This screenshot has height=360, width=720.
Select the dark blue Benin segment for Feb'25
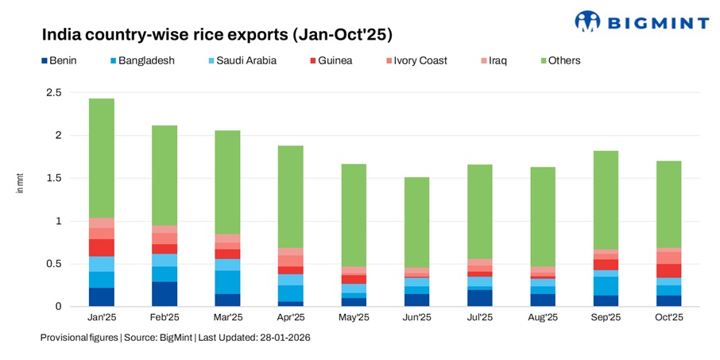tap(165, 293)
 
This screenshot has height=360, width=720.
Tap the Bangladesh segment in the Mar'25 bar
tap(227, 282)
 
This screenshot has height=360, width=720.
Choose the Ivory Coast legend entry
tap(415, 60)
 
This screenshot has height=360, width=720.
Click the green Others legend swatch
tap(544, 60)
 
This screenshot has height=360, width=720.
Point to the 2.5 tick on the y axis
tap(54, 93)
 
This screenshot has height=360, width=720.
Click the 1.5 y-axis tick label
tap(54, 178)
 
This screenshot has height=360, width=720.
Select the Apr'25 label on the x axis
tap(290, 317)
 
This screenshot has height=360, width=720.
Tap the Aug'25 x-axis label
tap(543, 317)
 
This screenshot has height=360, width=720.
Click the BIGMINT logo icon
tap(588, 21)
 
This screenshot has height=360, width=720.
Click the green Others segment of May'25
tap(354, 215)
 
